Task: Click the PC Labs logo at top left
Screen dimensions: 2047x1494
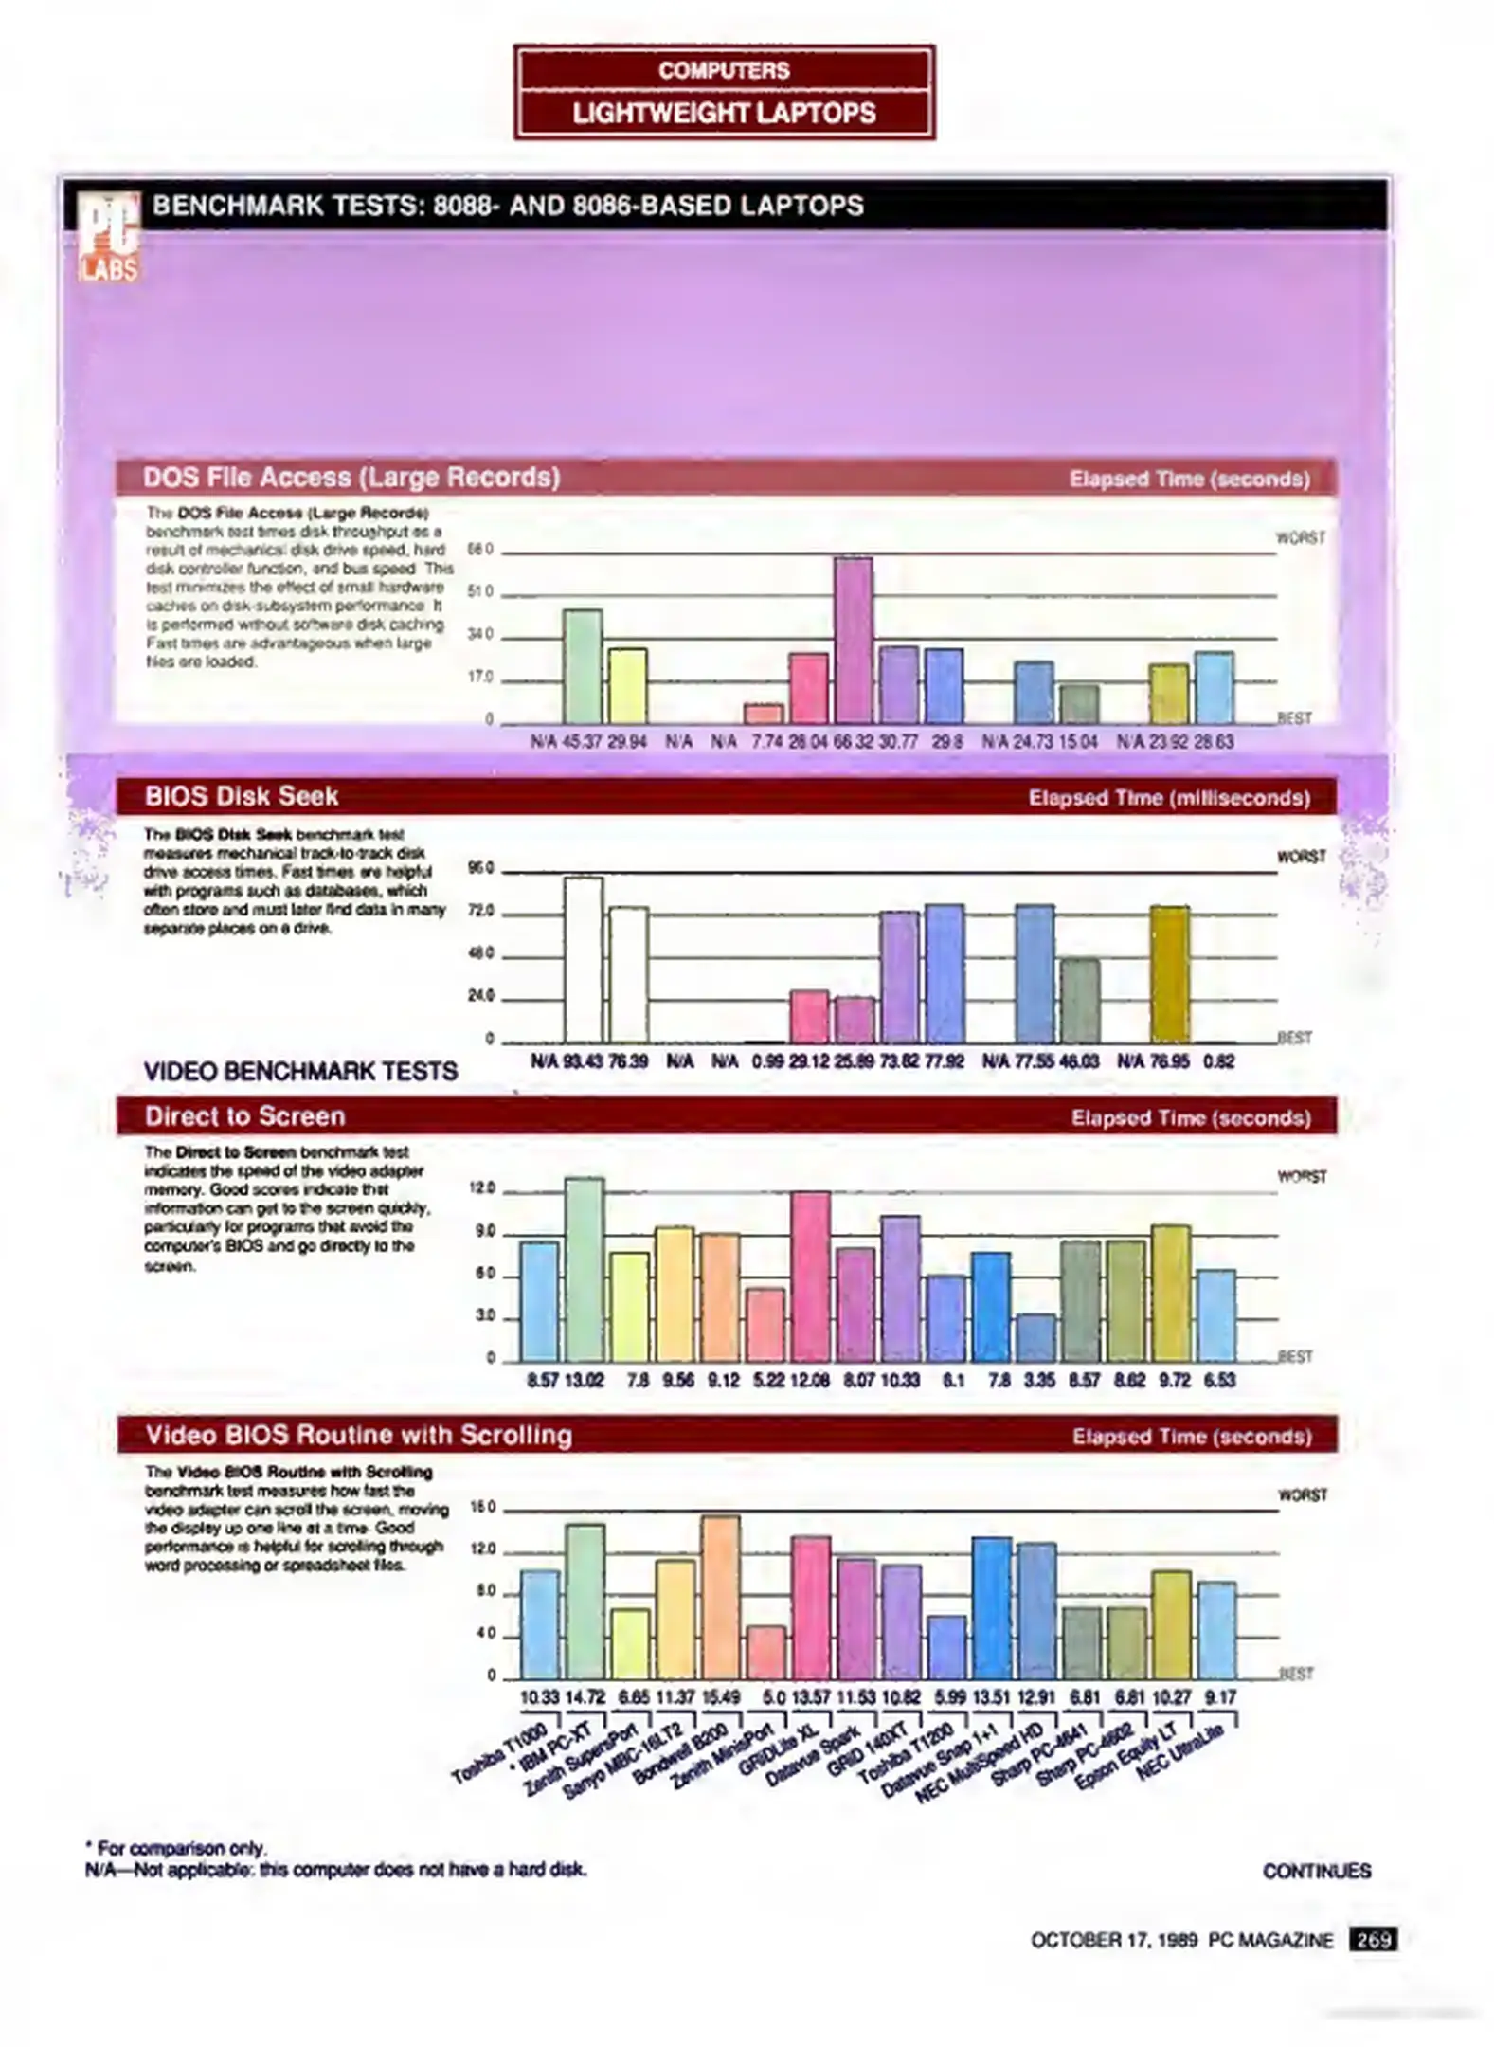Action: coord(108,237)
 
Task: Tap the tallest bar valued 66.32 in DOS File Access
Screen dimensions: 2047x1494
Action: coord(853,641)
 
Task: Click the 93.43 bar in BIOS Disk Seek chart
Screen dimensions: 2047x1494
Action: coord(584,959)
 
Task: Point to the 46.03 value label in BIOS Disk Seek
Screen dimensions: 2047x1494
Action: coord(1080,1060)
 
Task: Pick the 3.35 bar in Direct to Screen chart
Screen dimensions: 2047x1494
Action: coord(1035,1337)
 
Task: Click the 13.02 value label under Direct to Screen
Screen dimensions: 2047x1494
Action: coord(584,1380)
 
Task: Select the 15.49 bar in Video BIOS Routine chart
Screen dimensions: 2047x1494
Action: coord(720,1597)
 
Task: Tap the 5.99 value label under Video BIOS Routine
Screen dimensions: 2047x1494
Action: coord(949,1697)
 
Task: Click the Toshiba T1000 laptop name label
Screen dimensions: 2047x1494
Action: coord(498,1753)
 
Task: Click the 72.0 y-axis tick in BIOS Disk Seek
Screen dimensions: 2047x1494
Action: coord(482,911)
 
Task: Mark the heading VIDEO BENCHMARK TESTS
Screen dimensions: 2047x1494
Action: coord(300,1071)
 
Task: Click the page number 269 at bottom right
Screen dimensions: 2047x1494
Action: coord(1372,1939)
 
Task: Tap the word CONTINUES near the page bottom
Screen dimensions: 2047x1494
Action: coord(1316,1870)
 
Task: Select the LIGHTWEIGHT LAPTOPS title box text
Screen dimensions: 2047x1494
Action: coord(724,114)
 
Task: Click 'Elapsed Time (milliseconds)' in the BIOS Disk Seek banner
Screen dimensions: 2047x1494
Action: coord(1169,798)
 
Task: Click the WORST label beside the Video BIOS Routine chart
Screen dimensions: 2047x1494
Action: coord(1302,1494)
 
